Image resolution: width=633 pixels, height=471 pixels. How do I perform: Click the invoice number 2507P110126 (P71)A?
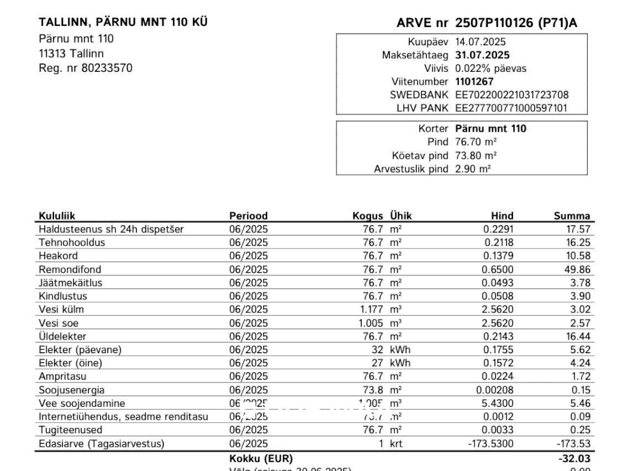pos(516,23)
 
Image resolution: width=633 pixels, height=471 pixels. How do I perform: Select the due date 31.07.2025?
pos(482,55)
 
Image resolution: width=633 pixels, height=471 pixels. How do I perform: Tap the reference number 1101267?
pos(475,82)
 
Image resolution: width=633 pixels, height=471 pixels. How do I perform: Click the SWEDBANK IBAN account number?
pos(512,95)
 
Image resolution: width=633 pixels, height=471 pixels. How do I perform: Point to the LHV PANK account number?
pos(512,108)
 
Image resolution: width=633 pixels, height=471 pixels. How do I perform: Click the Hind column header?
pos(502,216)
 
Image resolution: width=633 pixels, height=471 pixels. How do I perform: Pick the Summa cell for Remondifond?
pos(577,270)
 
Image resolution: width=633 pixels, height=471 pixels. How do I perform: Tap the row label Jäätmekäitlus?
pos(70,283)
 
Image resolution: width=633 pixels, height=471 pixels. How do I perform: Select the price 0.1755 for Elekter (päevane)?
pos(499,350)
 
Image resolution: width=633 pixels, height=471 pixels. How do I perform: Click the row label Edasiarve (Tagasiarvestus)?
pos(101,443)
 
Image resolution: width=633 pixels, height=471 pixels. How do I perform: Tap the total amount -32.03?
pos(574,458)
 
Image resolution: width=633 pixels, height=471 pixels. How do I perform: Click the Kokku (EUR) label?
pos(261,458)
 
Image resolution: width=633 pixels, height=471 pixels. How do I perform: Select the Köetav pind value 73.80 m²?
pos(476,155)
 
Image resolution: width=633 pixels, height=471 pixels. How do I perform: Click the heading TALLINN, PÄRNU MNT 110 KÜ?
pos(123,22)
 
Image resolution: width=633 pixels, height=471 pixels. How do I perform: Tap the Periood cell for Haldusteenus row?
pos(248,230)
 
